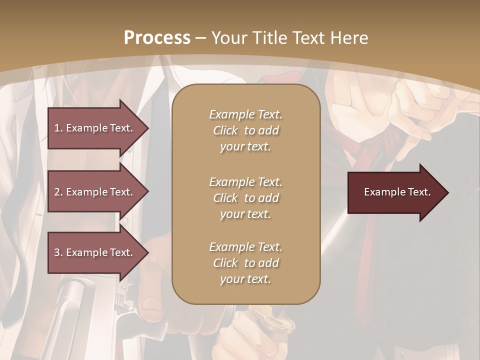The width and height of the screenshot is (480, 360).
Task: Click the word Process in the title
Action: pyautogui.click(x=157, y=38)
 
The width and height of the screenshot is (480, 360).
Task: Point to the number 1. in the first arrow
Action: pyautogui.click(x=58, y=128)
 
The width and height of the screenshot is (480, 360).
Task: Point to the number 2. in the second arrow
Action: pyautogui.click(x=58, y=192)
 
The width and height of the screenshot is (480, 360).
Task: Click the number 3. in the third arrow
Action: pyautogui.click(x=58, y=252)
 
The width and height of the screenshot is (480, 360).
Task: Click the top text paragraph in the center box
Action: pyautogui.click(x=245, y=130)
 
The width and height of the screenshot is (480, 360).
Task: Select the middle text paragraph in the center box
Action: pyautogui.click(x=245, y=198)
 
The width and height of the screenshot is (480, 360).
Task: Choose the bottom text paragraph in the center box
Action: pyautogui.click(x=245, y=263)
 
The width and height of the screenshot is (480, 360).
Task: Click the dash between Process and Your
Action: pyautogui.click(x=201, y=38)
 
